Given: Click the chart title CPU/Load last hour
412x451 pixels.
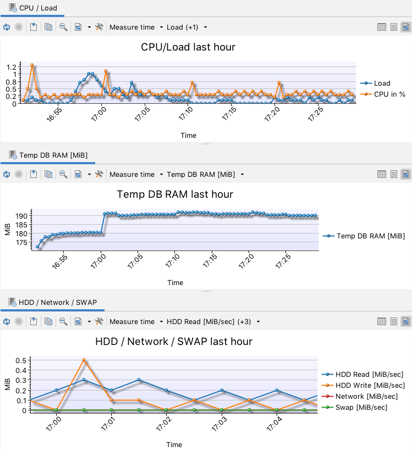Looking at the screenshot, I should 188,47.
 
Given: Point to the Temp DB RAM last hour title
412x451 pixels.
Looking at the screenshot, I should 175,194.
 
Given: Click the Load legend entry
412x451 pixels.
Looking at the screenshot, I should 382,83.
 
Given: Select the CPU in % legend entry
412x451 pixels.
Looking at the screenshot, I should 389,94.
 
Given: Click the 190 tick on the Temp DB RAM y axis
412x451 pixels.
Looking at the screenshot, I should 21,216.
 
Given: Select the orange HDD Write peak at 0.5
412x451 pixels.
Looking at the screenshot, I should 84,360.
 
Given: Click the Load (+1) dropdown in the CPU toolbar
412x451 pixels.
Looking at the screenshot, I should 186,27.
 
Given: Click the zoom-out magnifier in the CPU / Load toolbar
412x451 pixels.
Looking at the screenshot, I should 63,27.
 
